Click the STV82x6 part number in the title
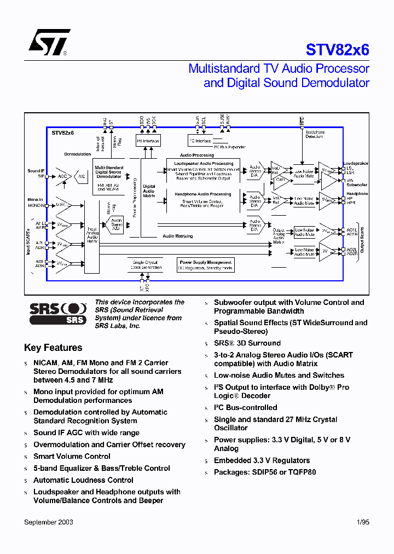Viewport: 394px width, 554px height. [x=337, y=50]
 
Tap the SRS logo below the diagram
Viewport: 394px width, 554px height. [x=57, y=313]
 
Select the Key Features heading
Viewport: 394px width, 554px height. [x=53, y=348]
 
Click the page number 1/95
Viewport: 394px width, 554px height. [x=362, y=522]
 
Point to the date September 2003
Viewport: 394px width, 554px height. [x=49, y=522]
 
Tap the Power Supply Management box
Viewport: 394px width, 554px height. [x=206, y=265]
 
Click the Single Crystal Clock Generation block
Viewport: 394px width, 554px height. [x=146, y=265]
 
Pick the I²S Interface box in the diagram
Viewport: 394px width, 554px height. [x=147, y=141]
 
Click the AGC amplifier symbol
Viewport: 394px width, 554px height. [x=63, y=176]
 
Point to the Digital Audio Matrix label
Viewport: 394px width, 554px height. [x=149, y=191]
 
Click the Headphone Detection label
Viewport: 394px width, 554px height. [x=314, y=134]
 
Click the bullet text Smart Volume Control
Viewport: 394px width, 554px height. [x=72, y=456]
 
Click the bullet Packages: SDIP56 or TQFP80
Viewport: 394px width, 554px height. [x=265, y=472]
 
